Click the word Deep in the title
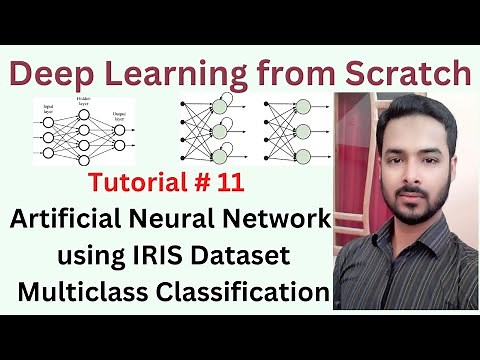click(x=58, y=73)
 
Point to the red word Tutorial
click(x=171, y=183)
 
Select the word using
click(x=87, y=258)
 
